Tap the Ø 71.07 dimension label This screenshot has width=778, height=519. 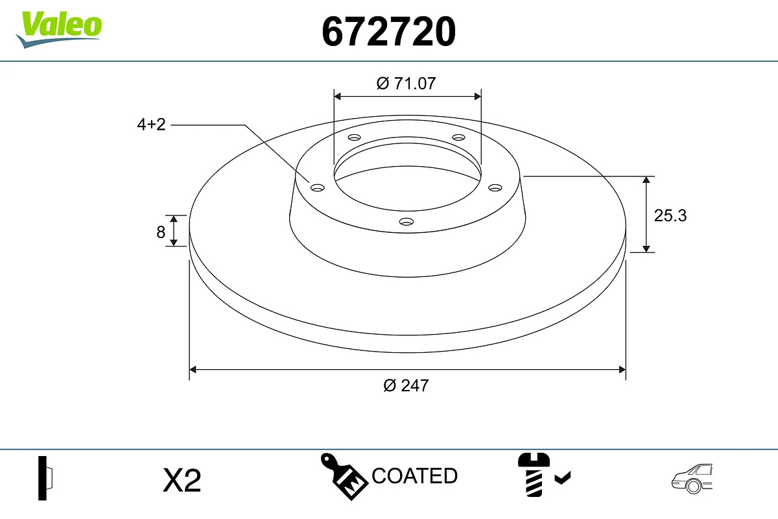(407, 83)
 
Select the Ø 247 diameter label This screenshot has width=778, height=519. (407, 385)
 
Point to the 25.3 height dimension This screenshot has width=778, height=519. (670, 215)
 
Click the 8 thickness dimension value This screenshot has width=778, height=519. (161, 232)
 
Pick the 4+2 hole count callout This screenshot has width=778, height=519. (151, 125)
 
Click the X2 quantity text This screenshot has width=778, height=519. (182, 481)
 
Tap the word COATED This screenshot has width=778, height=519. (415, 476)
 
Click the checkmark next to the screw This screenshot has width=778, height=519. (563, 479)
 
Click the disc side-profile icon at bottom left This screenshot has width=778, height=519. (45, 478)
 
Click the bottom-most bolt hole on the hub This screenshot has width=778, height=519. (407, 221)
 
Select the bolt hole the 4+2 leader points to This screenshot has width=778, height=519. (318, 187)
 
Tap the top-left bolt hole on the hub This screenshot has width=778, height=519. (354, 138)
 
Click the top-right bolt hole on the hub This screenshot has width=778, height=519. (459, 138)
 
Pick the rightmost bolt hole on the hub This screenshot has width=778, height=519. (495, 187)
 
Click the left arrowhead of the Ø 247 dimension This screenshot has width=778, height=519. (192, 370)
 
